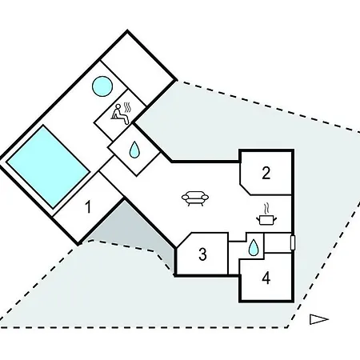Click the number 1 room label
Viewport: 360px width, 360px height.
pyautogui.click(x=88, y=207)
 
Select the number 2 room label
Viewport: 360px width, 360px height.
pyautogui.click(x=266, y=173)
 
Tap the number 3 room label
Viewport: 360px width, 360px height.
pyautogui.click(x=202, y=254)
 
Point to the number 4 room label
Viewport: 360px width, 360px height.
pyautogui.click(x=266, y=278)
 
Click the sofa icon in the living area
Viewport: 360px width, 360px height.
pyautogui.click(x=195, y=198)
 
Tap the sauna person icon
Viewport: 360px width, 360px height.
pyautogui.click(x=121, y=114)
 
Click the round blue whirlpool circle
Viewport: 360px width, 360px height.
pyautogui.click(x=102, y=86)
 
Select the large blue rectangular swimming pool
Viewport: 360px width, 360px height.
pyautogui.click(x=48, y=166)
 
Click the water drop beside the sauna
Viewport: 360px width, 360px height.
pyautogui.click(x=134, y=150)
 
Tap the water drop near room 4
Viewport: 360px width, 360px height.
pyautogui.click(x=253, y=247)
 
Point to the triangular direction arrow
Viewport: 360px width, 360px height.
pyautogui.click(x=318, y=319)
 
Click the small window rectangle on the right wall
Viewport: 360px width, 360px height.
pyautogui.click(x=293, y=242)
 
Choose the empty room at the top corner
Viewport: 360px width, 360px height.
pyautogui.click(x=138, y=70)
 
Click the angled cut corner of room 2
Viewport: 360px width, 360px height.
pyautogui.click(x=246, y=189)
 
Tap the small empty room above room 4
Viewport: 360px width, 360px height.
pyautogui.click(x=278, y=242)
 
